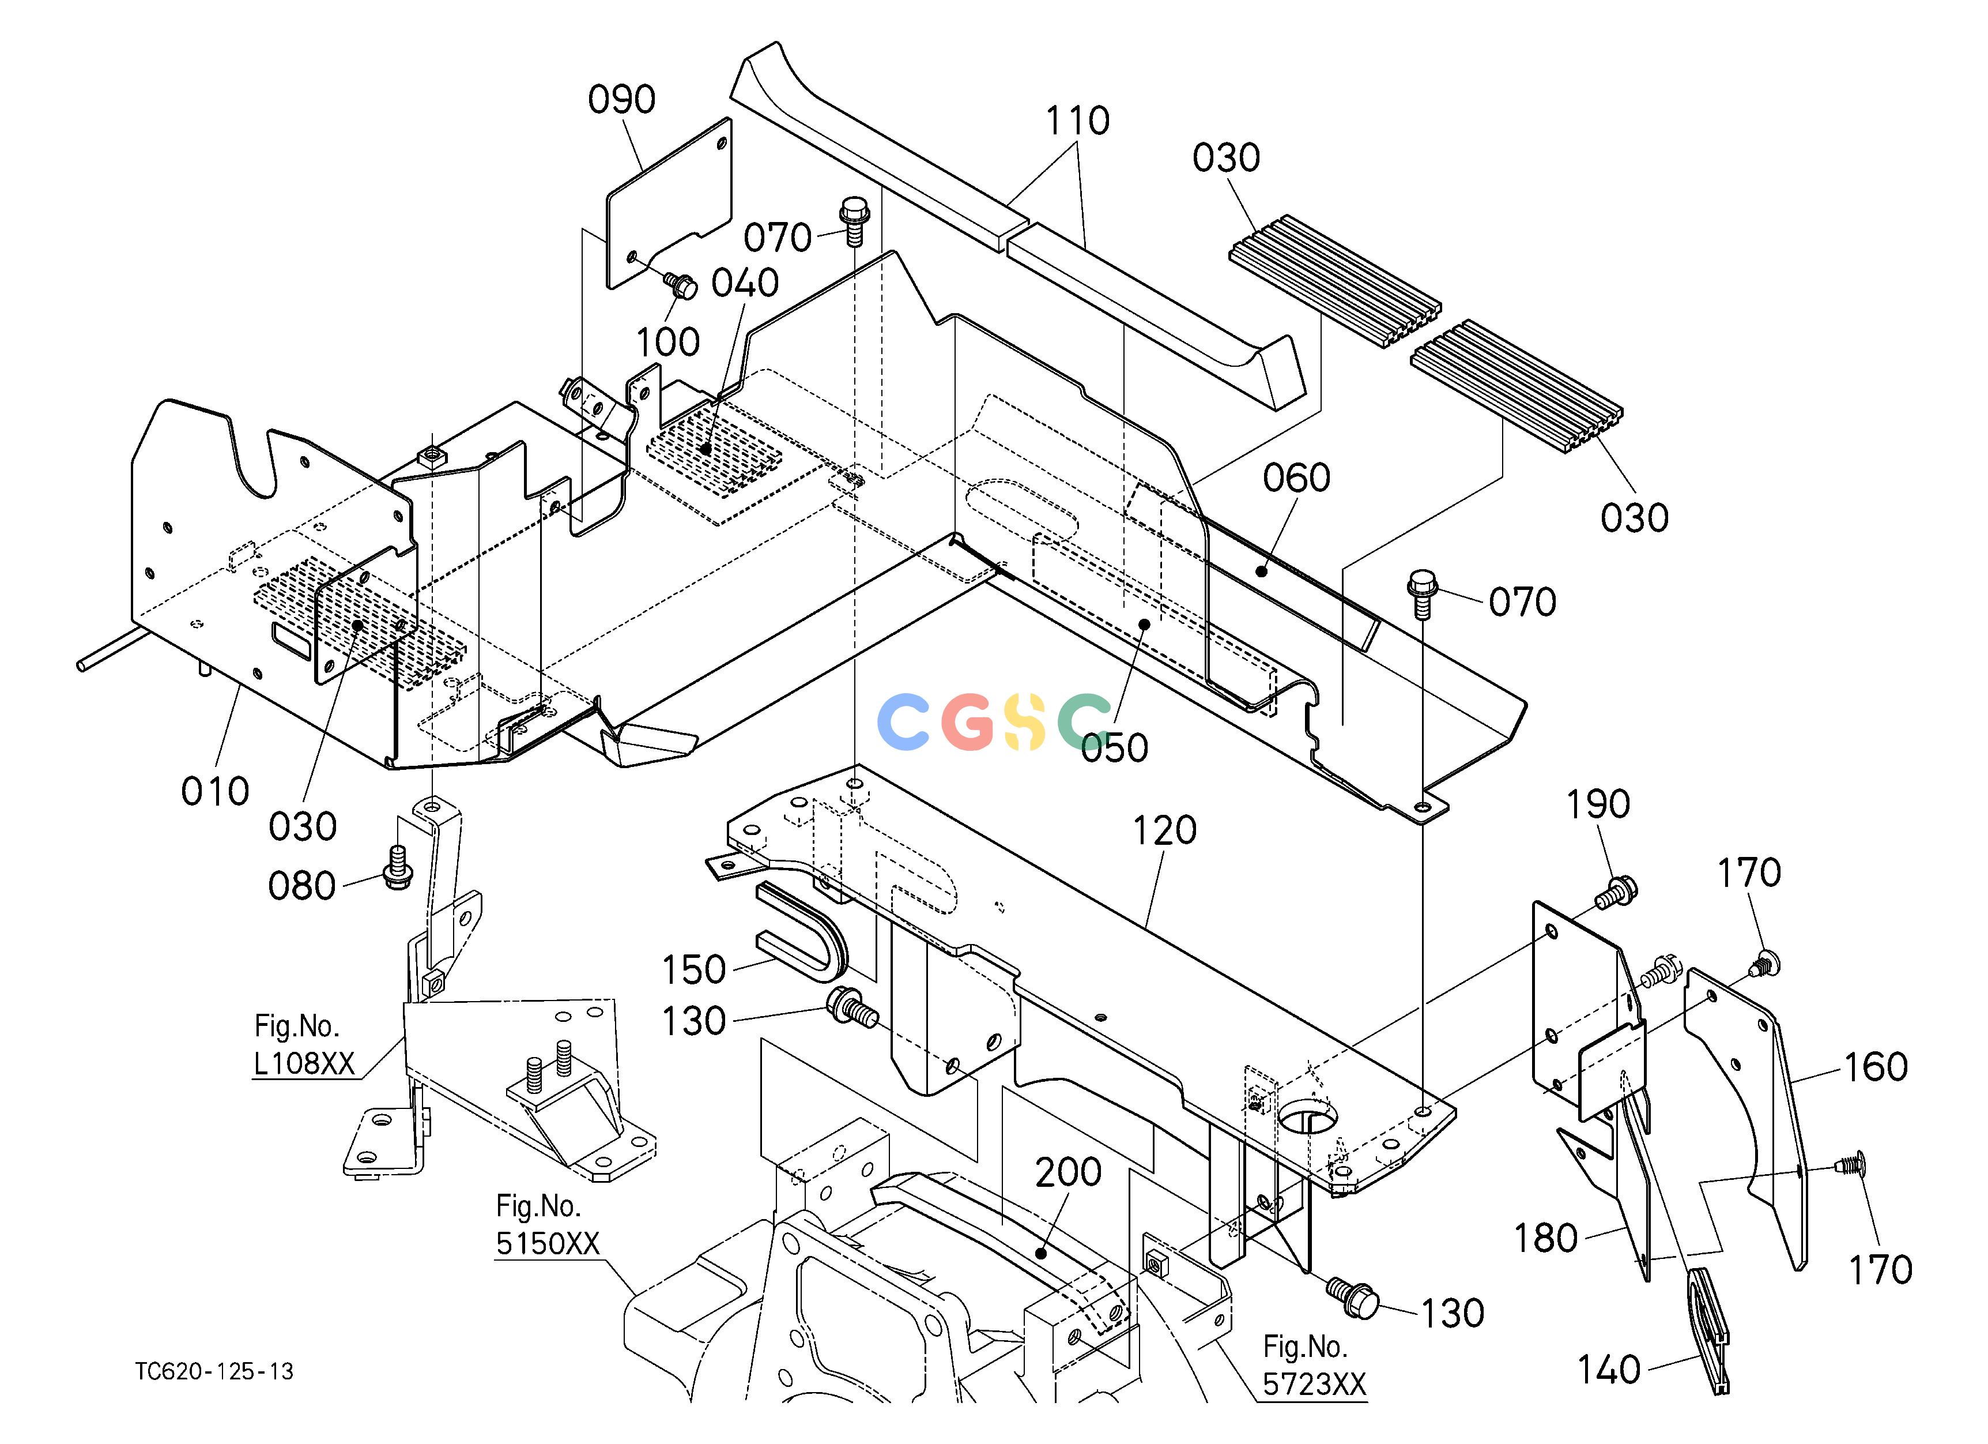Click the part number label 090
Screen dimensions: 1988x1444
pos(621,100)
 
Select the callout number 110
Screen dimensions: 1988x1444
pos(1077,121)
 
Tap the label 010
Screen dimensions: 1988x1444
pos(215,792)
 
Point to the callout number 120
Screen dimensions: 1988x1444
pos(1164,830)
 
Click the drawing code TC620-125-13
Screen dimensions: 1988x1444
pos(215,1371)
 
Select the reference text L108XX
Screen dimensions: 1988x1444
pos(304,1063)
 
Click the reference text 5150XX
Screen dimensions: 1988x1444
pos(548,1243)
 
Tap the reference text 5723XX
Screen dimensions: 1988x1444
pos(1314,1385)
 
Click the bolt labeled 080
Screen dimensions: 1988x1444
pos(396,866)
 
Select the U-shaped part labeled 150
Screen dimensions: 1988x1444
pos(802,933)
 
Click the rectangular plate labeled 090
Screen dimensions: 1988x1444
pos(670,202)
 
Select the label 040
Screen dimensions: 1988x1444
pos(745,283)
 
